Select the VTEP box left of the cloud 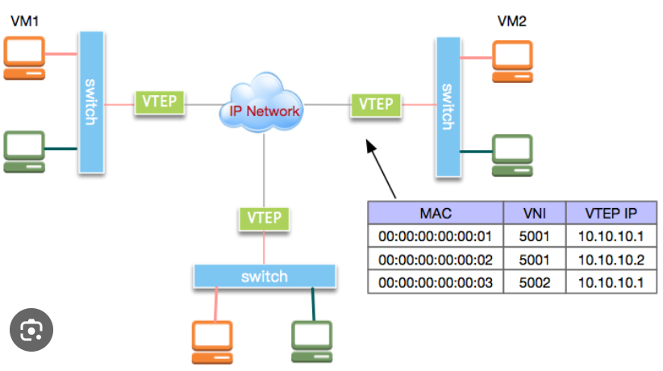[160, 103]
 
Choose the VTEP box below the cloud [264, 217]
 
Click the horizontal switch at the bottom [264, 277]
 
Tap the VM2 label [512, 21]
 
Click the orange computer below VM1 [25, 58]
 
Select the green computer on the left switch [25, 151]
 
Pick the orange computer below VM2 [513, 60]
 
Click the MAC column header [435, 214]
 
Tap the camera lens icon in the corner [31, 330]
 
